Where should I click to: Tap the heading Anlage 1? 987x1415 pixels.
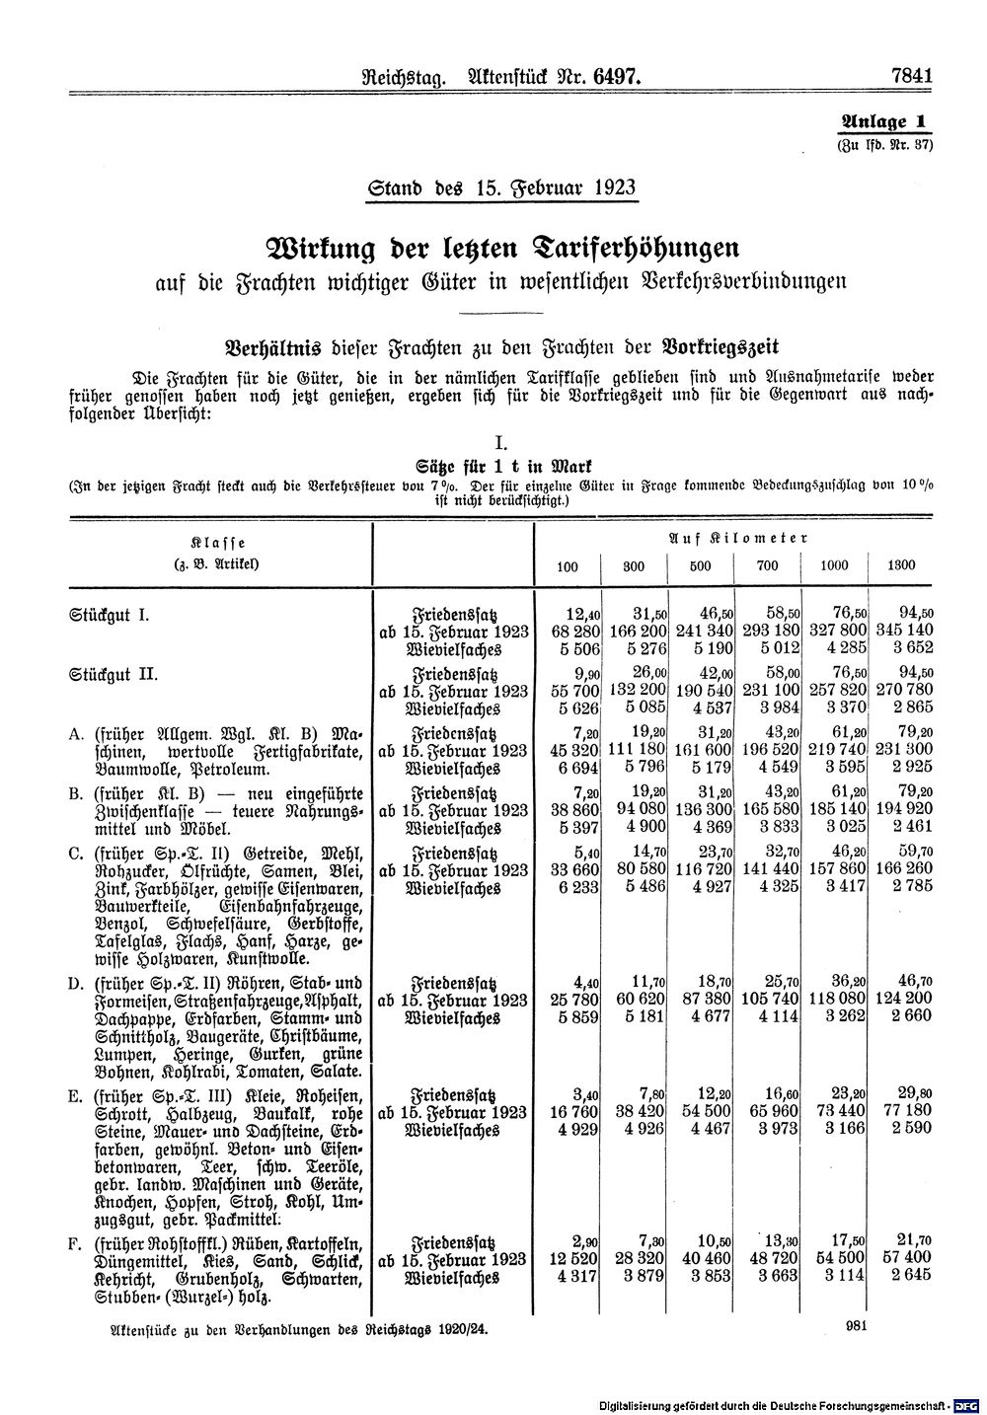pos(884,122)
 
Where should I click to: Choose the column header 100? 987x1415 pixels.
pos(568,565)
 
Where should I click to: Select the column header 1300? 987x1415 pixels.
pos(901,565)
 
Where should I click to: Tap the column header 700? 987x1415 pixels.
pos(766,565)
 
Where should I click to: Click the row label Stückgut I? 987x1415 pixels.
pos(110,615)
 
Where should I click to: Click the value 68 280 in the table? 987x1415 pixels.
pos(568,632)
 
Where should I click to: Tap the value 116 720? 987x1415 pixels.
pos(698,869)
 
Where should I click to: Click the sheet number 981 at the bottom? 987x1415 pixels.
pos(857,1327)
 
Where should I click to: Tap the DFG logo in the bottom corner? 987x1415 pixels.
pos(971,1404)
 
